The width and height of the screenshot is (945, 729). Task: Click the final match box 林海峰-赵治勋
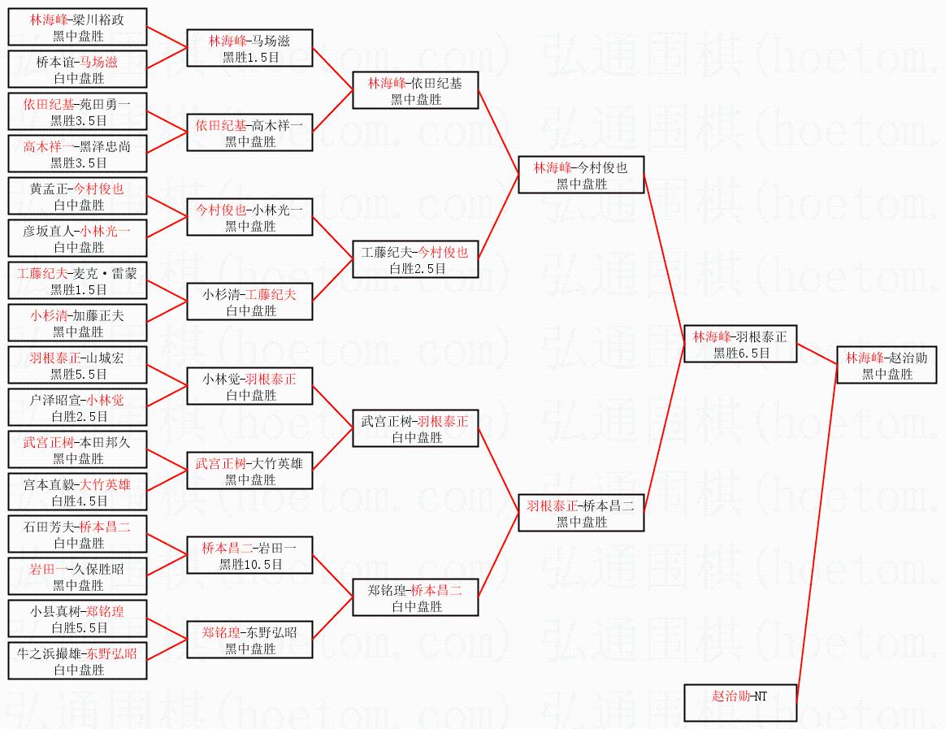[x=886, y=365]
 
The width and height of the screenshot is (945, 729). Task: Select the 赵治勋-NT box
[x=740, y=702]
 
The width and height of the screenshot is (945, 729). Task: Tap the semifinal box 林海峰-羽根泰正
[x=740, y=344]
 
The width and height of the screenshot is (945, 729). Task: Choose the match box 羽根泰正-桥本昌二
[x=581, y=513]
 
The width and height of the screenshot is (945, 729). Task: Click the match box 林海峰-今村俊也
[x=581, y=175]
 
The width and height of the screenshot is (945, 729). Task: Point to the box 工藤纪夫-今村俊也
[x=415, y=259]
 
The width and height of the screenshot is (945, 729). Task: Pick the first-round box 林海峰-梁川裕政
[x=78, y=27]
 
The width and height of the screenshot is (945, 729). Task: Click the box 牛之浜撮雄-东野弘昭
[x=78, y=661]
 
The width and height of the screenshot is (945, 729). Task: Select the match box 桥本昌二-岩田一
[x=249, y=555]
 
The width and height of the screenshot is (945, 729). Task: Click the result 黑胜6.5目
[x=741, y=353]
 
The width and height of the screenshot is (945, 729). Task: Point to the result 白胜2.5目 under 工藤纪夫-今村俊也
[x=417, y=268]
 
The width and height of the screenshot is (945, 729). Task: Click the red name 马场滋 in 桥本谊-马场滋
[x=99, y=62]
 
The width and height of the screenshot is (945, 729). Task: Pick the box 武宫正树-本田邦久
[x=78, y=449]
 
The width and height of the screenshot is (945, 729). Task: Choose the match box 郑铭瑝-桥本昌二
[x=415, y=597]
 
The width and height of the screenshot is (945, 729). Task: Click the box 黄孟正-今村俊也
[x=78, y=196]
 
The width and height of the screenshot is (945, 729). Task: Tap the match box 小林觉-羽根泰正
[x=249, y=386]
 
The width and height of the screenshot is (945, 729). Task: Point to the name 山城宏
[x=105, y=358]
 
